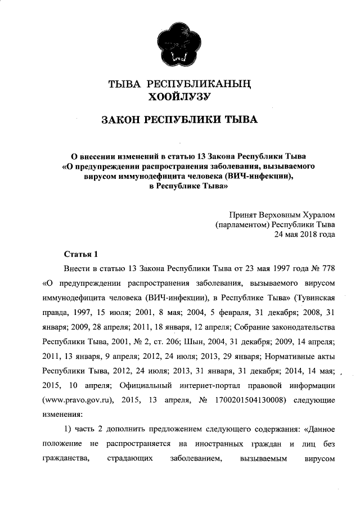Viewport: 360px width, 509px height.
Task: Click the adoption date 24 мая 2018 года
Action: [x=304, y=235]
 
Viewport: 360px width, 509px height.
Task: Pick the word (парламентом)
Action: [x=243, y=224]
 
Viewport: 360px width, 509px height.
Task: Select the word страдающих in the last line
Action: [x=130, y=460]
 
